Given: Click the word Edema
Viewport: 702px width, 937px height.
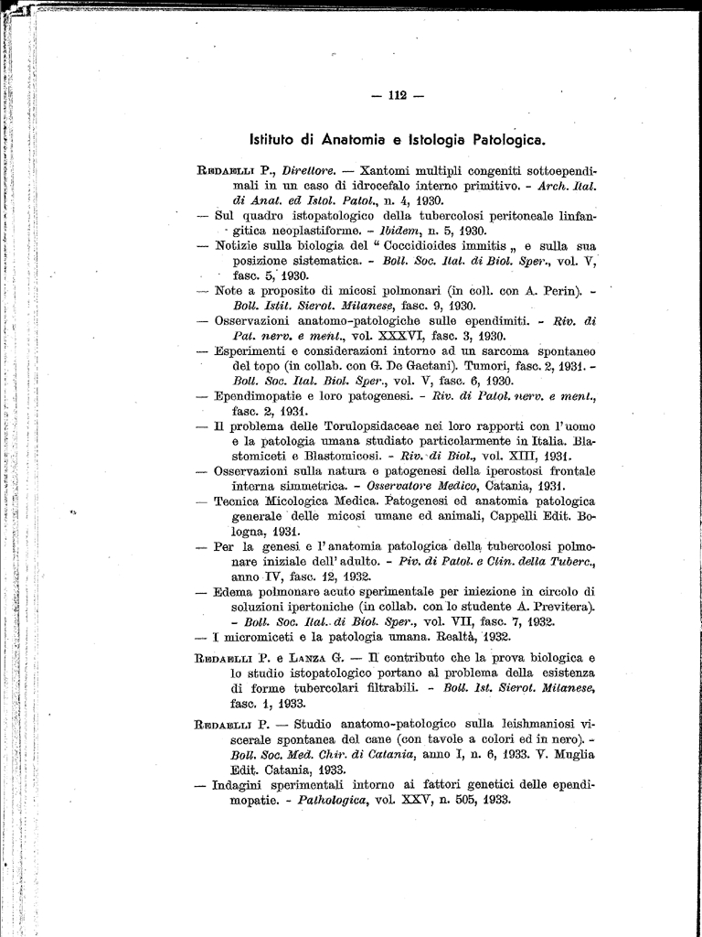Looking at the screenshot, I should click(x=235, y=591).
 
